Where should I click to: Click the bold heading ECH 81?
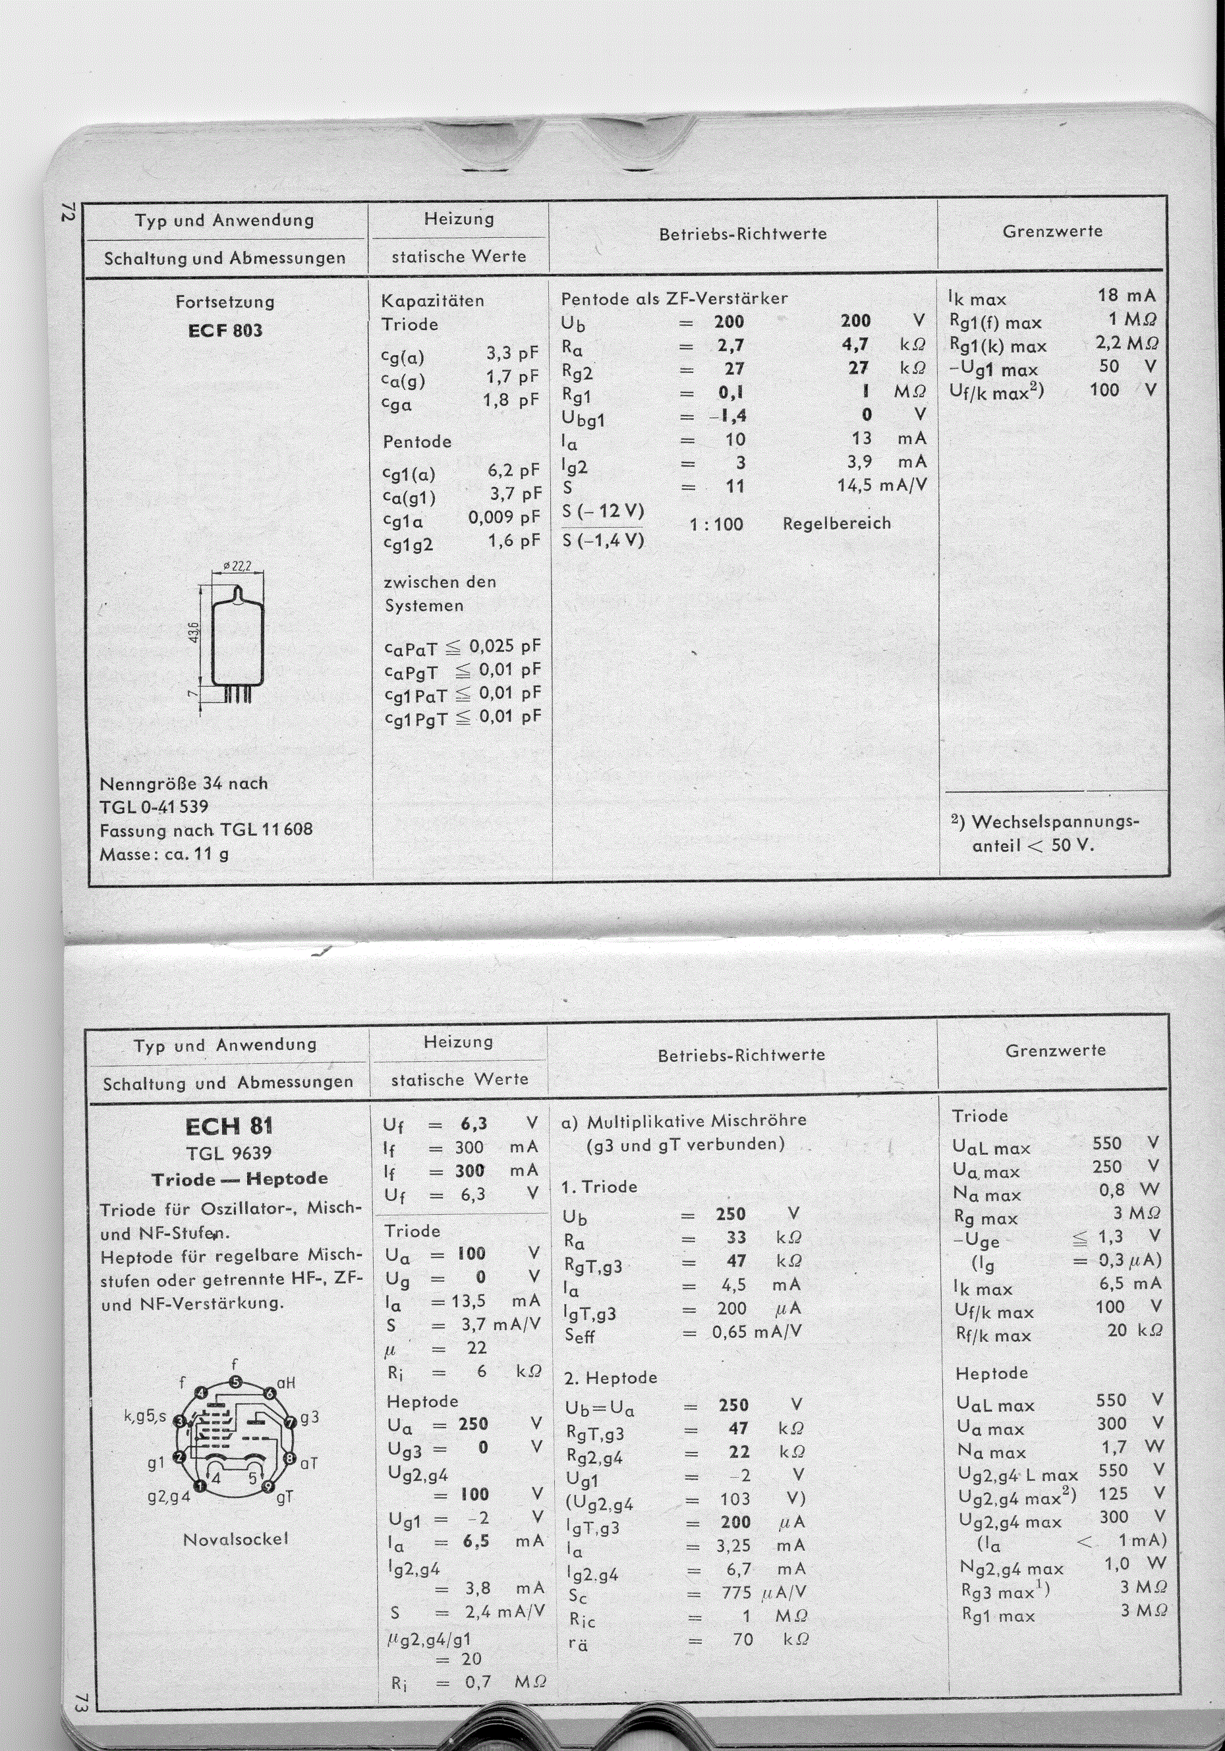point(229,1126)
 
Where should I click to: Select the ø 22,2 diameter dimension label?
point(238,567)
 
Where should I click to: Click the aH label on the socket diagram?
point(286,1382)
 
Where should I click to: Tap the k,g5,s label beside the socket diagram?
point(145,1417)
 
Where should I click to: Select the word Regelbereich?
point(836,523)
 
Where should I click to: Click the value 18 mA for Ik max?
point(1127,295)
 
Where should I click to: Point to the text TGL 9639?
point(229,1152)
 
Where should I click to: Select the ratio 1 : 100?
point(716,524)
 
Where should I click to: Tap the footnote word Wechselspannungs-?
point(1055,822)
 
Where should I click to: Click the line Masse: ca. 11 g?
point(164,854)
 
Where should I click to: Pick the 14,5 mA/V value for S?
point(882,485)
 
